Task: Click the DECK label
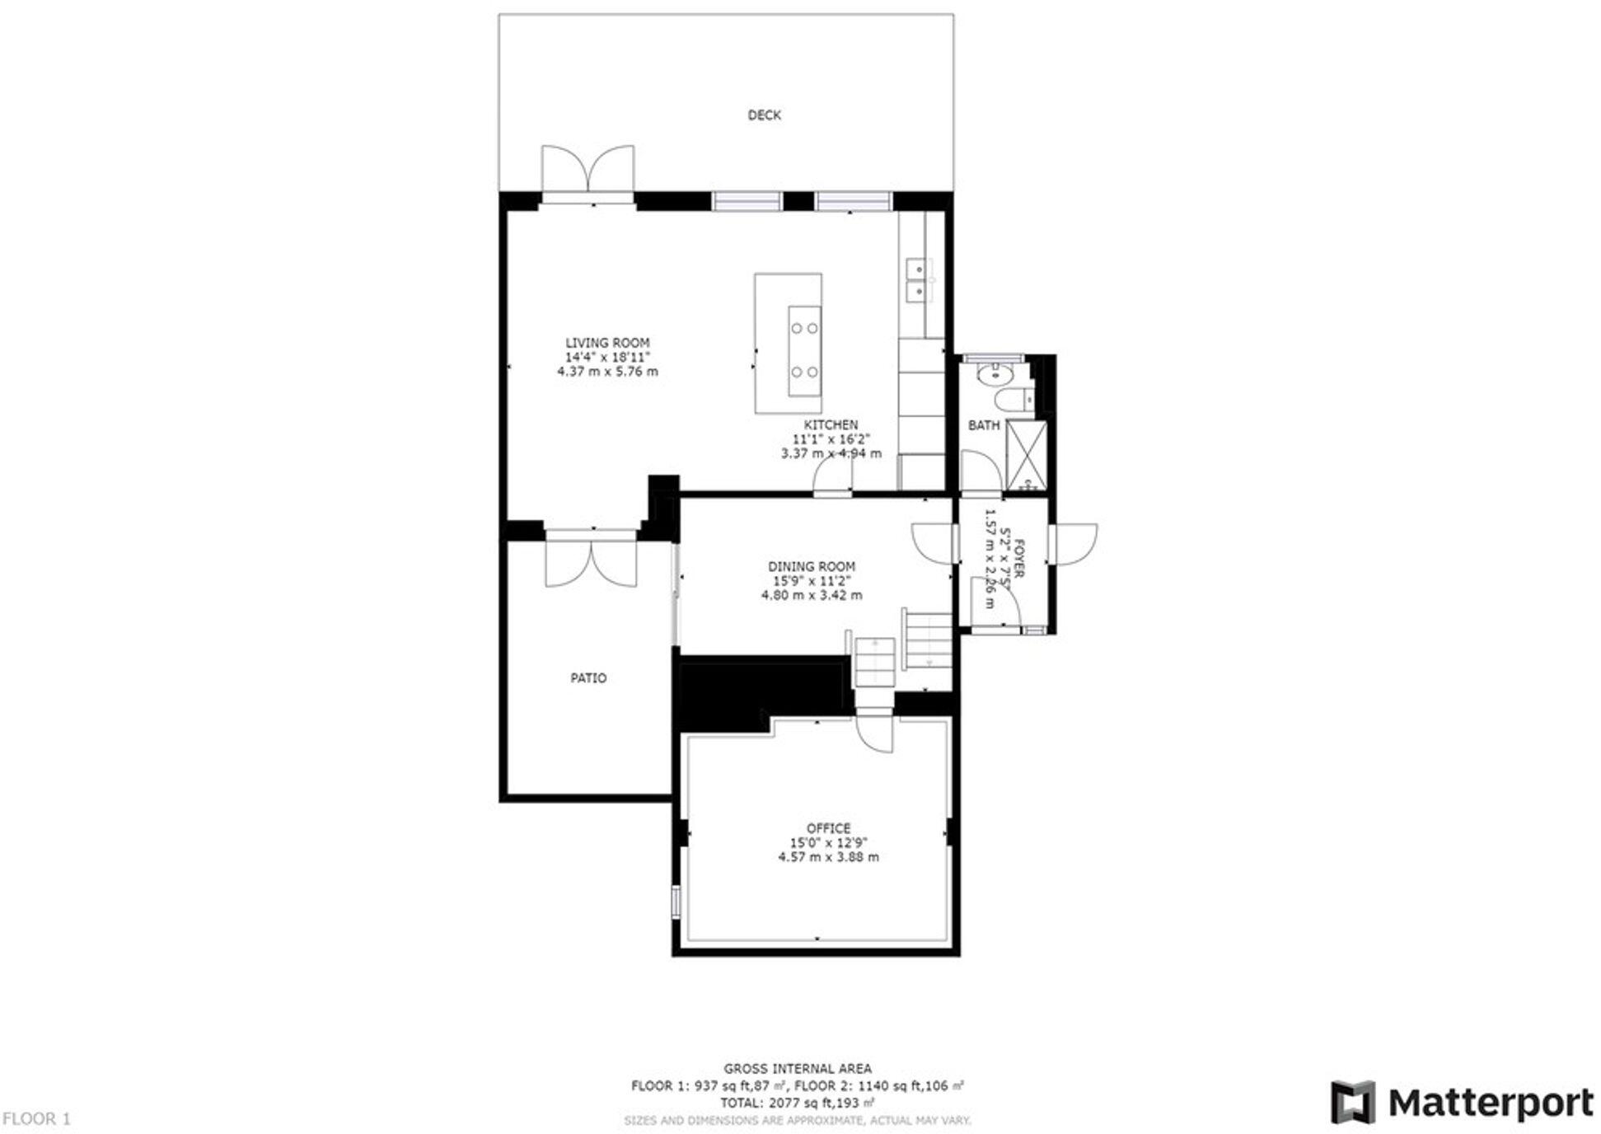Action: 763,115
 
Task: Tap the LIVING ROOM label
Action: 606,343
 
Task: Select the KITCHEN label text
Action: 830,424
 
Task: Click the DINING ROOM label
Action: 811,566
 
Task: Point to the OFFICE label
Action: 828,828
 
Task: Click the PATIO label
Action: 588,678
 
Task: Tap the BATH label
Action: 983,425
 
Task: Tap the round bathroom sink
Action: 995,375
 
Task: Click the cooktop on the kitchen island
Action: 804,350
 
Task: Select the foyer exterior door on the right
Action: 1074,544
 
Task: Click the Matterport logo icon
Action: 1352,1102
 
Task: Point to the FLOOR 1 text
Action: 36,1118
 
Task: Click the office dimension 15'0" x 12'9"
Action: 828,843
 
